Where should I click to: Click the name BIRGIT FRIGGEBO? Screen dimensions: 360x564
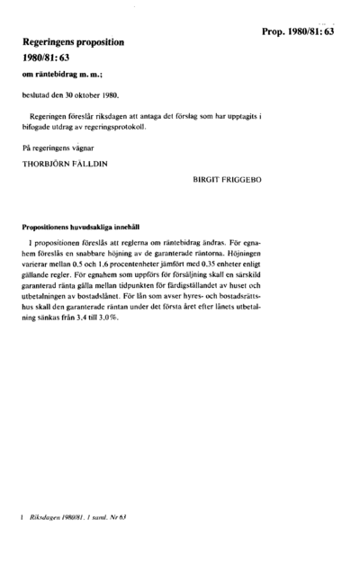[x=228, y=180]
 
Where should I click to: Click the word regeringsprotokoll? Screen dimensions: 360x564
[x=115, y=127]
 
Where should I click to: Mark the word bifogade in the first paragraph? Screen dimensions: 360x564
[x=40, y=127]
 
